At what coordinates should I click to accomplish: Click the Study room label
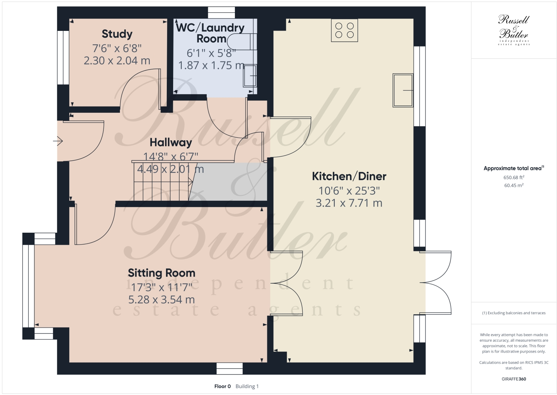117,34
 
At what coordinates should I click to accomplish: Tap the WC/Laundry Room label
210,33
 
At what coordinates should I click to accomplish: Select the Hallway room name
171,143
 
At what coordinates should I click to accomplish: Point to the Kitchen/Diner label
349,176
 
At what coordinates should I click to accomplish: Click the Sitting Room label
162,273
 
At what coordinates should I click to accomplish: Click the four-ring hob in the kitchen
344,31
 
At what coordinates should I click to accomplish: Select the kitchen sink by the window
403,90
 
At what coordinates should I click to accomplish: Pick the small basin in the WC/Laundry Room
250,76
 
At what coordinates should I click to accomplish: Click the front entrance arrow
58,141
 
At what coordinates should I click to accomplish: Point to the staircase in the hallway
162,181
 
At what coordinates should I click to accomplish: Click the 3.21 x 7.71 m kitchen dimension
349,203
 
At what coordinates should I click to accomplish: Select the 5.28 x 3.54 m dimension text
162,300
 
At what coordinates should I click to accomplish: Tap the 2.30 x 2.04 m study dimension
117,61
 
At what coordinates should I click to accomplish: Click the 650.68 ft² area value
514,178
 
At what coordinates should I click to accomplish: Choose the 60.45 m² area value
514,185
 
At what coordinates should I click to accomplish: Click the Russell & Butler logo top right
514,30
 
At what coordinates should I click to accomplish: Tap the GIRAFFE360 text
514,379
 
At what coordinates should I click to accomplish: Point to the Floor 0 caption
223,386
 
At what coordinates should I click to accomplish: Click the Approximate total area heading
513,169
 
